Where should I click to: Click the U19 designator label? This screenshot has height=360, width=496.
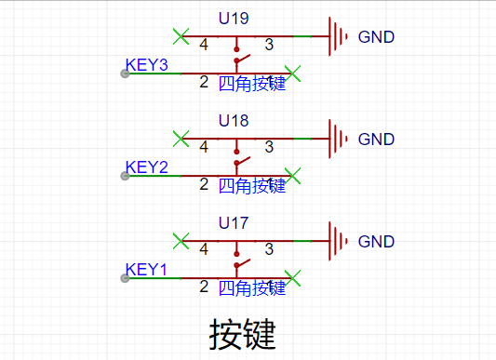234,19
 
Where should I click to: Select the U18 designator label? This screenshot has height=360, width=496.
234,121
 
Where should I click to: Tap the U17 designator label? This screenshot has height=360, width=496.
234,223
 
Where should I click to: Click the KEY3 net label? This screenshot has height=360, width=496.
146,65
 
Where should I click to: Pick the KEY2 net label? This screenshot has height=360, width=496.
146,167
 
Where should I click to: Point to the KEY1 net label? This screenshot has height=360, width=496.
146,270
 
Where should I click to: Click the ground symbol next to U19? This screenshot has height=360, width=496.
338,36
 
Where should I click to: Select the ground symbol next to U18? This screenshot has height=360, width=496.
338,139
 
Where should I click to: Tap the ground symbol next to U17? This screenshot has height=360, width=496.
338,241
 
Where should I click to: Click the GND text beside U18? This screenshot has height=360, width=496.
376,140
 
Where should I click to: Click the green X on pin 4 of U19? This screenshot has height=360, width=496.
181,36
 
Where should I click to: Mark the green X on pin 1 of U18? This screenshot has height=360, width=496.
292,176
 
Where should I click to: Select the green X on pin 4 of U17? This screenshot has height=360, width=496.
181,241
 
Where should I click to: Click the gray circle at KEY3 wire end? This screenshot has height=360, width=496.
125,73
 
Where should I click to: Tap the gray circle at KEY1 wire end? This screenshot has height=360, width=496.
125,278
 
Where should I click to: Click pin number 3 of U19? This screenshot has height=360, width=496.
269,45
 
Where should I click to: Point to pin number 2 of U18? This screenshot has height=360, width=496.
204,184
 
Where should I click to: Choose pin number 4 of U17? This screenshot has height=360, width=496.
204,249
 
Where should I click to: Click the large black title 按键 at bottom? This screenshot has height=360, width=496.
242,334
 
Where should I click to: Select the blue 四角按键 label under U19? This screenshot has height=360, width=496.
252,84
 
